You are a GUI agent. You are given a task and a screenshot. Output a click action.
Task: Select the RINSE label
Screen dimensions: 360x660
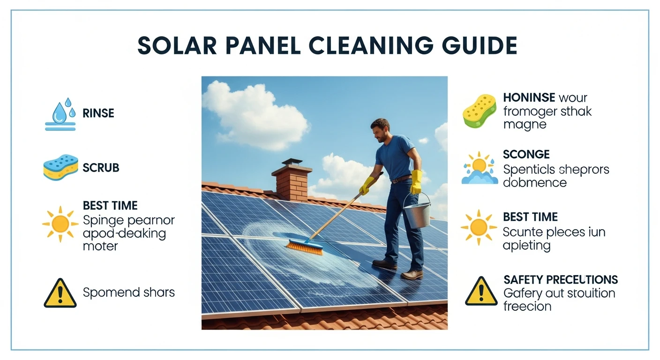click(x=98, y=113)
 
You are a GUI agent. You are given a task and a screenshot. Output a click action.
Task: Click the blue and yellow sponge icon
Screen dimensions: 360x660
click(x=60, y=168)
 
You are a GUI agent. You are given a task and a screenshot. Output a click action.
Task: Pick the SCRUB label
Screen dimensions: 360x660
click(x=101, y=168)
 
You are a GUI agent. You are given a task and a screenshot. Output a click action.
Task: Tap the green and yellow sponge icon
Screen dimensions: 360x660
click(x=479, y=111)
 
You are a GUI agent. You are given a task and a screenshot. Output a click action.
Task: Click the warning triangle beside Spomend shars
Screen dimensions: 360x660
click(x=60, y=293)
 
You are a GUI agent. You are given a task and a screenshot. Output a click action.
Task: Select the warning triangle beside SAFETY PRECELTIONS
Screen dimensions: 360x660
click(x=481, y=292)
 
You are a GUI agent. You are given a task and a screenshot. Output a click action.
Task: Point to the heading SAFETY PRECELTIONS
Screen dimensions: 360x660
click(x=561, y=280)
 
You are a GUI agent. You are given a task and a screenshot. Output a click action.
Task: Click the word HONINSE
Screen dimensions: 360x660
click(x=529, y=98)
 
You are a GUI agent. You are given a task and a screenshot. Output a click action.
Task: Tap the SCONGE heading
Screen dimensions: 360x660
click(x=526, y=154)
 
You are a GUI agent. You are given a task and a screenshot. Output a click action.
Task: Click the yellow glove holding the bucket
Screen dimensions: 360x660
click(x=416, y=182)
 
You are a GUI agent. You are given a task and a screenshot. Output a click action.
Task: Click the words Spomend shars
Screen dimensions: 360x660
click(x=128, y=292)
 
